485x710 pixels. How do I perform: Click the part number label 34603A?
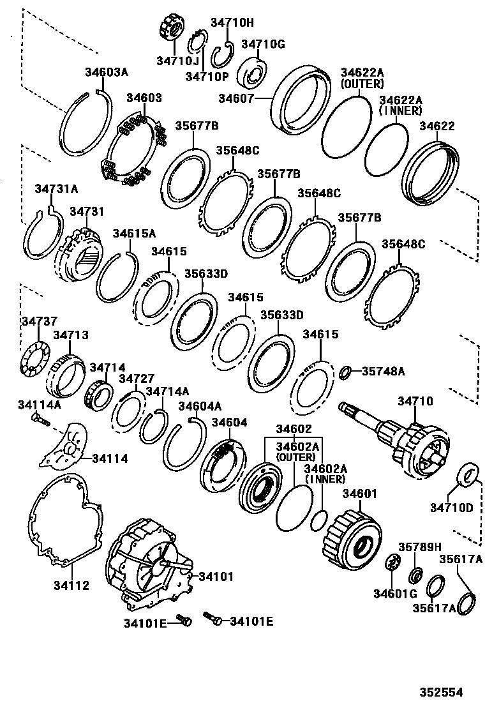point(107,72)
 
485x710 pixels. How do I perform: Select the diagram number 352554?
point(441,691)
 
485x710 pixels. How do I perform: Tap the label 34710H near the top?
point(232,23)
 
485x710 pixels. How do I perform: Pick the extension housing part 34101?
point(147,568)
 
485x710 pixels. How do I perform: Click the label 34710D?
point(451,508)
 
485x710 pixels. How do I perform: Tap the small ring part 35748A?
point(344,371)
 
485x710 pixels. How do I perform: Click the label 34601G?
point(392,594)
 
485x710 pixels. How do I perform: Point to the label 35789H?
point(420,547)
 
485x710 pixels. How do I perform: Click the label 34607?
point(237,98)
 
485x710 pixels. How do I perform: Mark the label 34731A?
point(56,188)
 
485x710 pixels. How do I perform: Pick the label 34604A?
point(200,405)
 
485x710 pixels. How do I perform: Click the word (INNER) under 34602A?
point(325,478)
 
